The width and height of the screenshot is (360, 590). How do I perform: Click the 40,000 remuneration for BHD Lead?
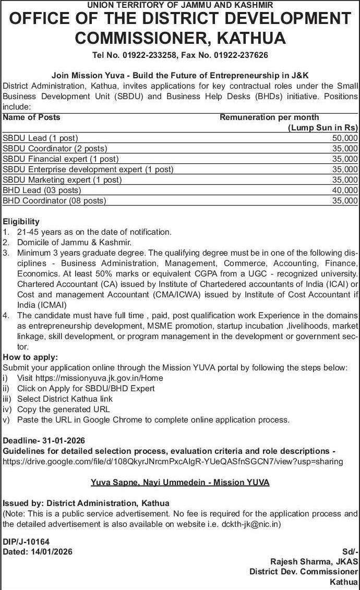click(x=345, y=190)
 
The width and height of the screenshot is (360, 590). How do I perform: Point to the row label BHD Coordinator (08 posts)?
click(x=54, y=201)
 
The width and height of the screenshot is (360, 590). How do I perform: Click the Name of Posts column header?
click(x=31, y=117)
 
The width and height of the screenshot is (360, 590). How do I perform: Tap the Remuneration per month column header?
click(x=269, y=117)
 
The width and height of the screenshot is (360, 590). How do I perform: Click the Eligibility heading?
click(x=21, y=221)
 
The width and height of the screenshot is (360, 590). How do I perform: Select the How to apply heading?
click(x=31, y=357)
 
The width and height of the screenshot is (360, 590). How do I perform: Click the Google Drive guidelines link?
click(x=173, y=461)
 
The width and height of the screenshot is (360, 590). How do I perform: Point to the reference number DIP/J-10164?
click(x=26, y=542)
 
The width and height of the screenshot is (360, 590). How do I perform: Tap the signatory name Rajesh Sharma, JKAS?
click(x=314, y=561)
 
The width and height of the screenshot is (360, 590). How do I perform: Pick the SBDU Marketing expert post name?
click(x=62, y=180)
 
